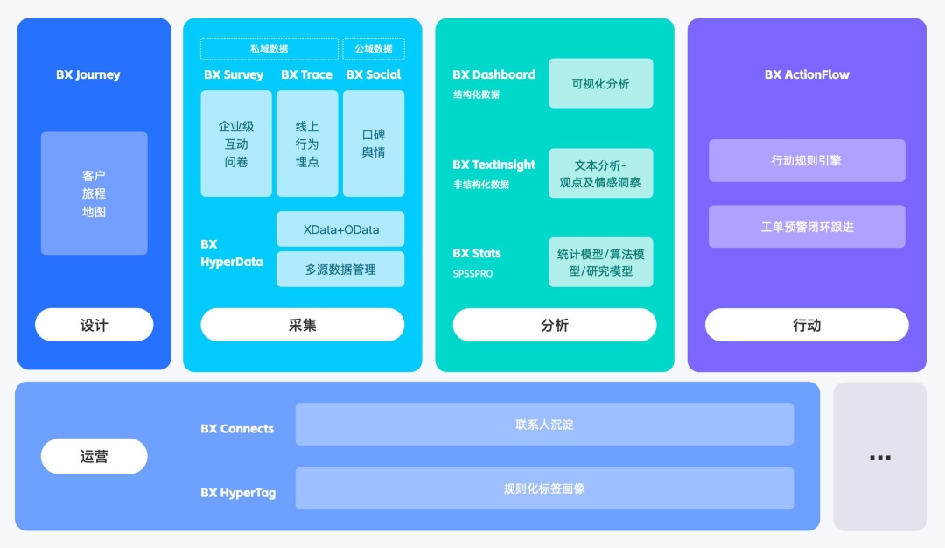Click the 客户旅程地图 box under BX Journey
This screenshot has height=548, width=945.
coord(94,193)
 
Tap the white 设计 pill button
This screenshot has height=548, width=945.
coord(94,325)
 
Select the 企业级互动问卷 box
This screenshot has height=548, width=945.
coord(236,144)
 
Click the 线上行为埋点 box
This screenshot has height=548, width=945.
coord(307,144)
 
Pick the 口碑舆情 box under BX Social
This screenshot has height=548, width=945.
coord(374,144)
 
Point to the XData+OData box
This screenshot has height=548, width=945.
coord(340,229)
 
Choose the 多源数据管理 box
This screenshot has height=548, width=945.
coord(340,270)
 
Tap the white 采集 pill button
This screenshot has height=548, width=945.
coord(302,325)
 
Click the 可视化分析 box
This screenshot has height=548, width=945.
coord(600,83)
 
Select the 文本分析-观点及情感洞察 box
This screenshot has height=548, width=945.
coord(600,173)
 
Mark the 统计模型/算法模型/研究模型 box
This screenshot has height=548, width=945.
coord(600,262)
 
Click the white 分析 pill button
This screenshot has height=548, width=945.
coord(554,325)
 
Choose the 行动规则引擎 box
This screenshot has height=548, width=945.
coord(807,161)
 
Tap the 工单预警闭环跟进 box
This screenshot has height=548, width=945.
coord(807,227)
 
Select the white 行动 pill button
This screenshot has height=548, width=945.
coord(807,325)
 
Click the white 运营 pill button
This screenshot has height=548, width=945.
coord(94,456)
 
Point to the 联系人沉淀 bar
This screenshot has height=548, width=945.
coord(544,425)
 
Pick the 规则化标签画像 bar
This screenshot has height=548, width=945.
coord(544,488)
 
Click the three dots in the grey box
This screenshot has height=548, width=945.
coord(879,457)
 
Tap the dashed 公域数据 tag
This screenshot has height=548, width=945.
coord(373,49)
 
